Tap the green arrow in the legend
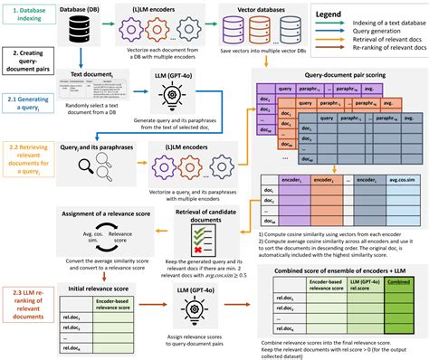(x=325, y=54)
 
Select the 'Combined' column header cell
(x=399, y=281)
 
